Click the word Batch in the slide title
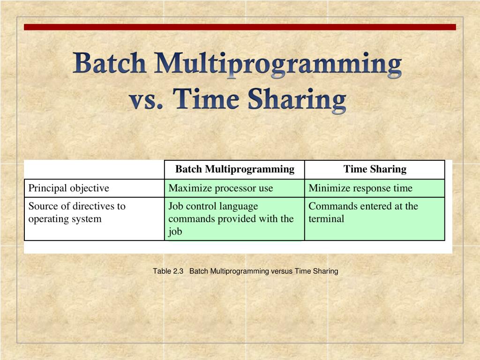(x=109, y=63)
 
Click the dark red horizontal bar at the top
(x=240, y=27)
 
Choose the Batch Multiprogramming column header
(x=235, y=169)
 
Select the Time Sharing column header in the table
(x=375, y=169)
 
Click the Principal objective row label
(x=69, y=188)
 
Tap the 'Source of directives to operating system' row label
(x=77, y=212)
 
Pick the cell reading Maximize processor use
(x=220, y=188)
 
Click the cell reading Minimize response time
(x=360, y=188)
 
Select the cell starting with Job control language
(x=231, y=218)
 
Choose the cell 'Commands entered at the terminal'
(x=363, y=212)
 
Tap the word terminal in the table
(x=326, y=218)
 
